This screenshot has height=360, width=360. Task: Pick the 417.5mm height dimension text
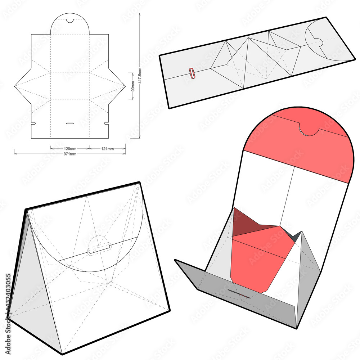pos(140,76)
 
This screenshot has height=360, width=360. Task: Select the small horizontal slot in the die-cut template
pos(70,123)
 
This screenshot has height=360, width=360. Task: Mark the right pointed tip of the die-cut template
pos(125,86)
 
